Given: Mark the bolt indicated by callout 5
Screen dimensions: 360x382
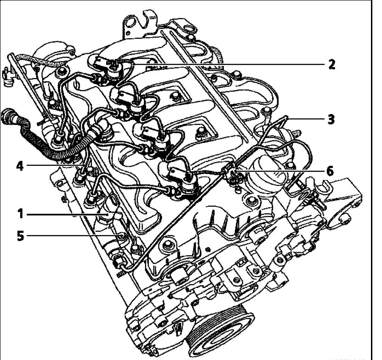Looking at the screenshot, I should [x=120, y=236].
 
